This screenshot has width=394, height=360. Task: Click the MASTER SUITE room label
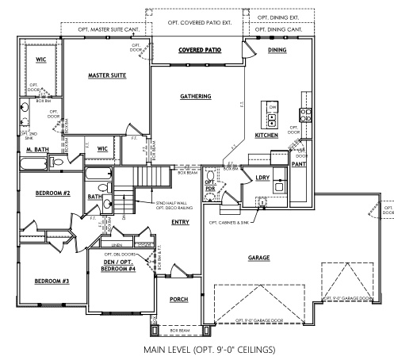tap(108, 76)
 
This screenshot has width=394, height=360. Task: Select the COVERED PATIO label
tap(199, 49)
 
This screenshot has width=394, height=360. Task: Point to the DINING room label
tap(277, 49)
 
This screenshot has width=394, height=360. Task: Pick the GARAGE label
tap(258, 258)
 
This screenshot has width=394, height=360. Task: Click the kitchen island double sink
tap(272, 121)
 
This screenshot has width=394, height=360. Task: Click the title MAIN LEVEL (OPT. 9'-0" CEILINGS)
tap(197, 348)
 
